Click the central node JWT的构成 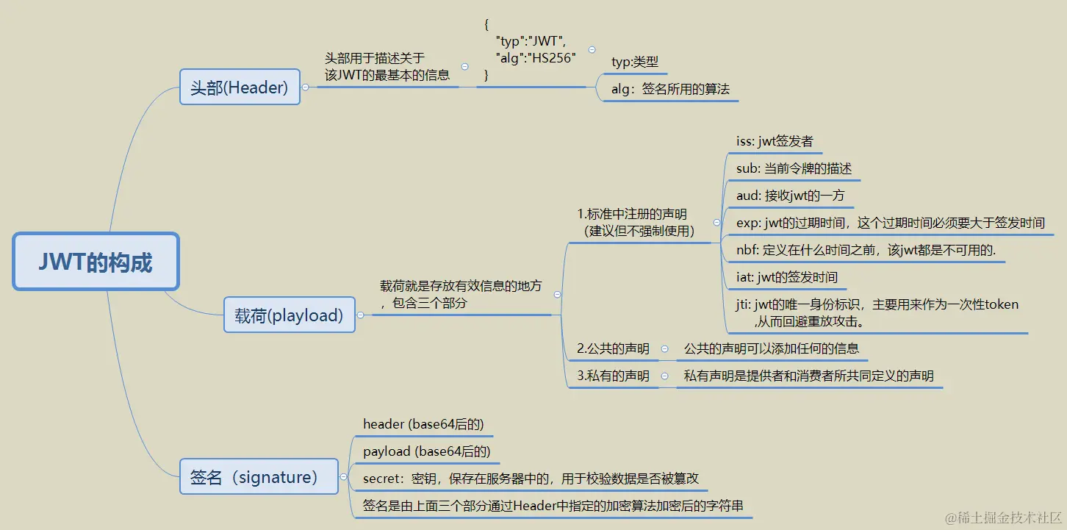pos(96,262)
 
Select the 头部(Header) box pos(240,87)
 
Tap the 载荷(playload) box pos(289,315)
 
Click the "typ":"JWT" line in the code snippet pos(531,41)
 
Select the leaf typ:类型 pos(635,62)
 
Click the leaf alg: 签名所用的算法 pos(670,90)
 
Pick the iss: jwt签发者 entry pos(775,141)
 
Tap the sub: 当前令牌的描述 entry pos(794,168)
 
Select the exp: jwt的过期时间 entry pos(890,223)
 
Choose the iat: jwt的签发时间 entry pos(786,277)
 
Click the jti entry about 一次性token pos(877,312)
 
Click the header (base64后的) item pos(423,424)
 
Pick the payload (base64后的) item pos(426,451)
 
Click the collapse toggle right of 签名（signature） pos(343,477)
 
